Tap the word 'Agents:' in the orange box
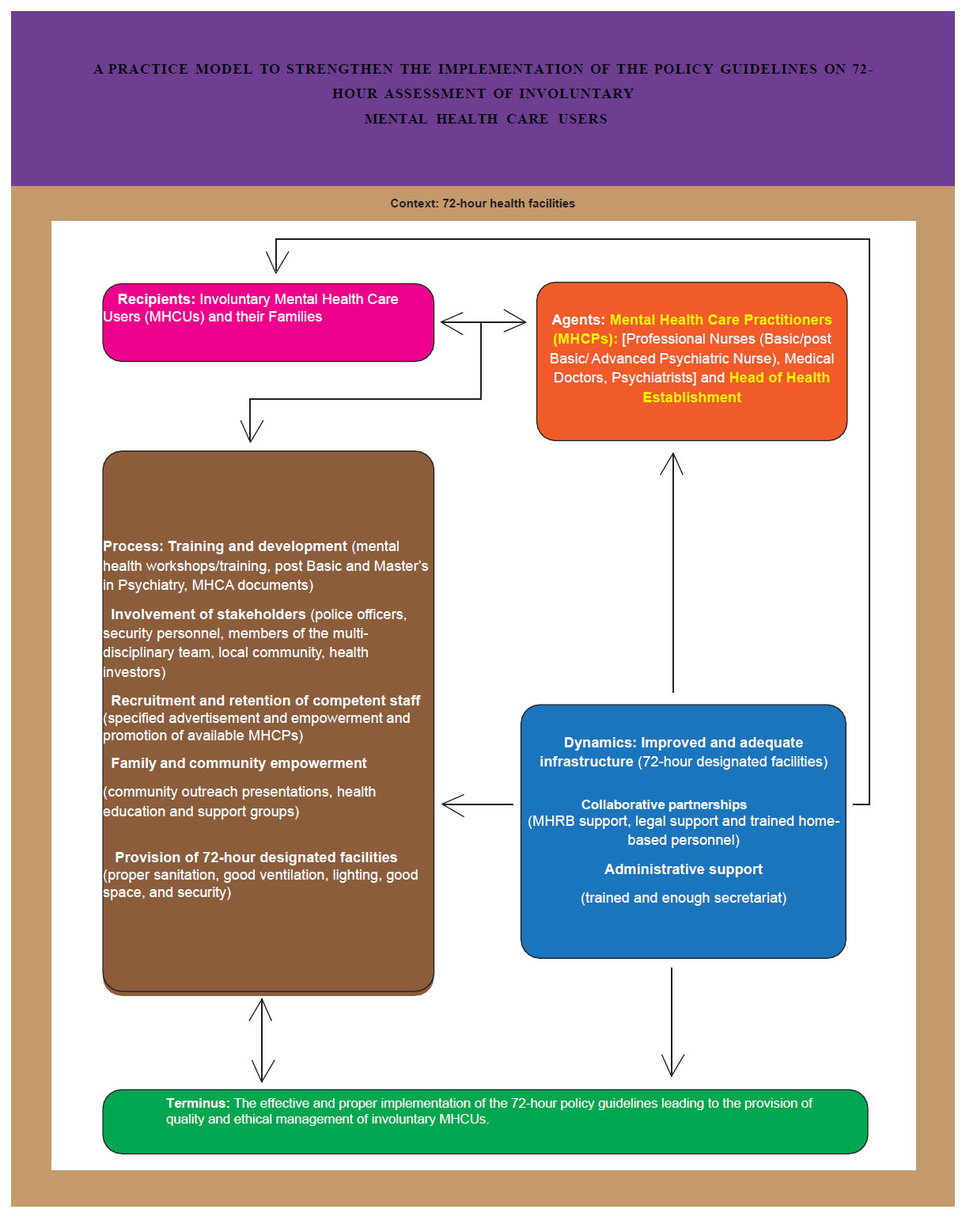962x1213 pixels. [x=578, y=320]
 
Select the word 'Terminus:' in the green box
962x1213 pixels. [x=198, y=1103]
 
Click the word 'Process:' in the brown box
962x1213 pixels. [x=133, y=546]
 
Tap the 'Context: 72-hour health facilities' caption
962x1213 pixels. [x=483, y=203]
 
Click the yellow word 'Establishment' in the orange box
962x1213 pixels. [x=691, y=397]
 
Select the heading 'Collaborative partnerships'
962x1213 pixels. [x=664, y=804]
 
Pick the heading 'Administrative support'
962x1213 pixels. [x=684, y=869]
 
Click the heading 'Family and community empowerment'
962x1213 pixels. [x=239, y=763]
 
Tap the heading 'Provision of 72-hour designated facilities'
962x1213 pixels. [x=256, y=857]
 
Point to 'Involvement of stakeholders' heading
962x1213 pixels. [x=208, y=614]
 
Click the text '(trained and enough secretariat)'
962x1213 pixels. [x=684, y=898]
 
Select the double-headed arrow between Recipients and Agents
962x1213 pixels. [x=483, y=322]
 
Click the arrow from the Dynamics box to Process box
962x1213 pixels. [x=477, y=805]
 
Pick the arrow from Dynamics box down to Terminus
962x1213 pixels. [x=672, y=1021]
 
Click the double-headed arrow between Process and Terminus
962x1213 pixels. [x=262, y=1040]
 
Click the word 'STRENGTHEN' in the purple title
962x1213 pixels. [x=339, y=70]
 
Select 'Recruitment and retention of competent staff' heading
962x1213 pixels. [x=266, y=701]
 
